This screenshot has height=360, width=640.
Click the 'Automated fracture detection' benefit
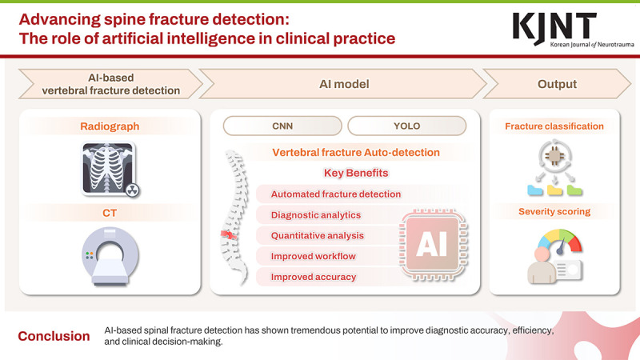tap(336, 194)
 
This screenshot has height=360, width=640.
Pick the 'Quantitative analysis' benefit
tap(318, 235)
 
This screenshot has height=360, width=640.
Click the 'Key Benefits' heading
tap(356, 173)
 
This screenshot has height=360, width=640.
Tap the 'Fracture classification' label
tap(554, 126)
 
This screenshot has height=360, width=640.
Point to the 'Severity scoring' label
tap(554, 211)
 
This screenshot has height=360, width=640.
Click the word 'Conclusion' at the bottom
tap(54, 336)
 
